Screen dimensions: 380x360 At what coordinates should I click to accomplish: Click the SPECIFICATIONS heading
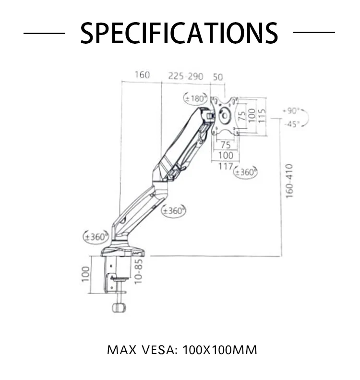(x=179, y=33)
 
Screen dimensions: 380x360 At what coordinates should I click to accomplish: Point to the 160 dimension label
(x=142, y=75)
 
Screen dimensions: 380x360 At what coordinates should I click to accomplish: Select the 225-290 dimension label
(x=186, y=76)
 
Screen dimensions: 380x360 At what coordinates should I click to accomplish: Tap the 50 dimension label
(x=218, y=76)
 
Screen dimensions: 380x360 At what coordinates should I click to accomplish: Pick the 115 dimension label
(x=262, y=115)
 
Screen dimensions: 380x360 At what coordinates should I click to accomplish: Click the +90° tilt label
(x=291, y=111)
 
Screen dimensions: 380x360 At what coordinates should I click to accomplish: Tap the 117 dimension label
(x=226, y=166)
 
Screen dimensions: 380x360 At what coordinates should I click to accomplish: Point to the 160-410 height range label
(x=288, y=181)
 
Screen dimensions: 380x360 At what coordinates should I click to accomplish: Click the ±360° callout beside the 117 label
(x=245, y=171)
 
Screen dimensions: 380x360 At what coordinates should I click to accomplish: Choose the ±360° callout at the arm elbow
(x=174, y=210)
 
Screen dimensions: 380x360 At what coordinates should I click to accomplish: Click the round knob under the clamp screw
(x=119, y=306)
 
